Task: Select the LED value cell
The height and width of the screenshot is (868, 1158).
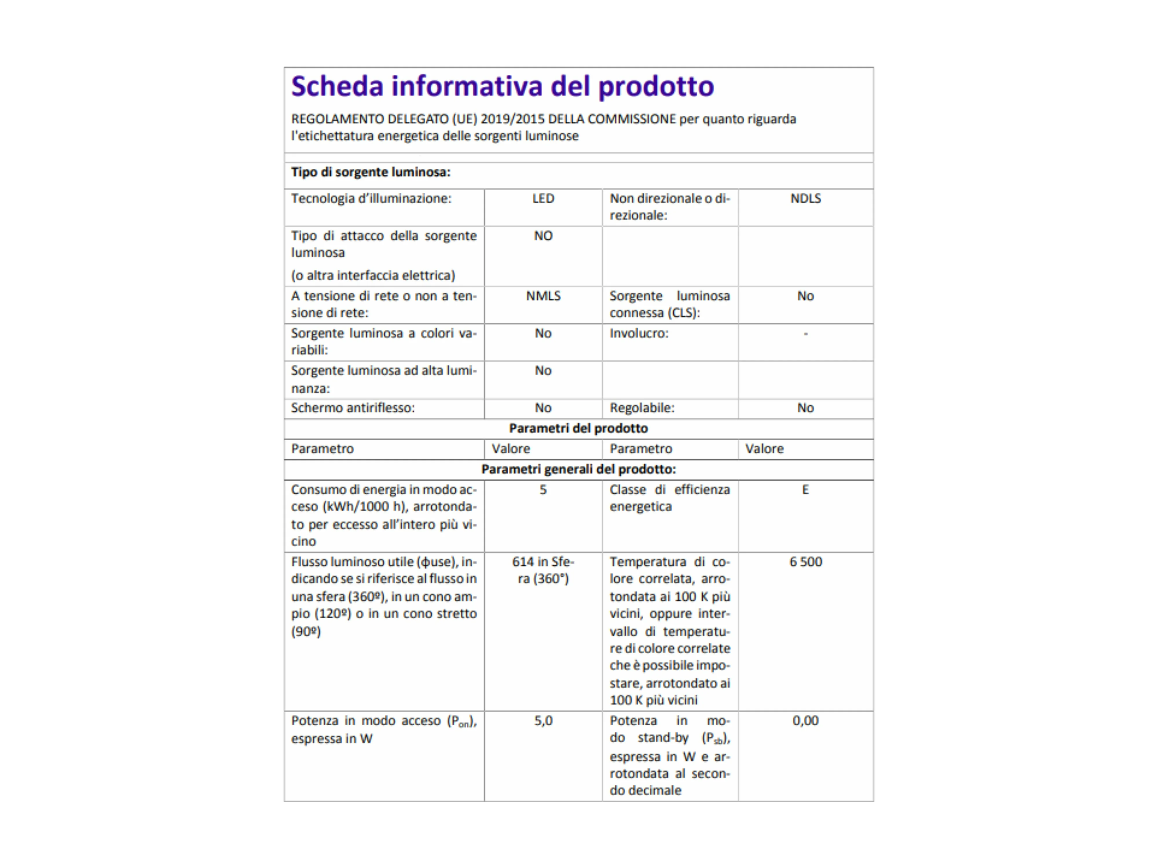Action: tap(543, 199)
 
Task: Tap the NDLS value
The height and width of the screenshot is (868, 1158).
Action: tap(805, 199)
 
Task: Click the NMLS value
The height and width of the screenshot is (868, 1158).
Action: tap(543, 296)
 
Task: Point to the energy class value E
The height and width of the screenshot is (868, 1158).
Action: tap(805, 490)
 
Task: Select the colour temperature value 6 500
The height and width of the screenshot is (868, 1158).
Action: tap(805, 562)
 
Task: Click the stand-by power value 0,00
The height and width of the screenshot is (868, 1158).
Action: tap(805, 721)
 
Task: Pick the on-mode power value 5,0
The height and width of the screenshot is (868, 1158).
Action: tap(543, 721)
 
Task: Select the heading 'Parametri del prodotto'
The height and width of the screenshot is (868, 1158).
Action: tap(578, 429)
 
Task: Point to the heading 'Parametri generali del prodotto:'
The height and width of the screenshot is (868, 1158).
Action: tap(578, 469)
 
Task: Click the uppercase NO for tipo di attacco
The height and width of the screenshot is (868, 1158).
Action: tap(543, 236)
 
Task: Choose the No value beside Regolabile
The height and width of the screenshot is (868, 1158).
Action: tap(805, 408)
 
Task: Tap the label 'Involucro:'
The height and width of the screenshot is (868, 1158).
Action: tap(639, 334)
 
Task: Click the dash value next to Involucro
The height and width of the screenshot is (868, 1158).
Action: tap(805, 334)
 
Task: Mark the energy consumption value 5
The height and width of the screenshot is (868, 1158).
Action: tap(543, 490)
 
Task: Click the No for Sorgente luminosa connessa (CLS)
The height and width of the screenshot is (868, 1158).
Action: tap(805, 296)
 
